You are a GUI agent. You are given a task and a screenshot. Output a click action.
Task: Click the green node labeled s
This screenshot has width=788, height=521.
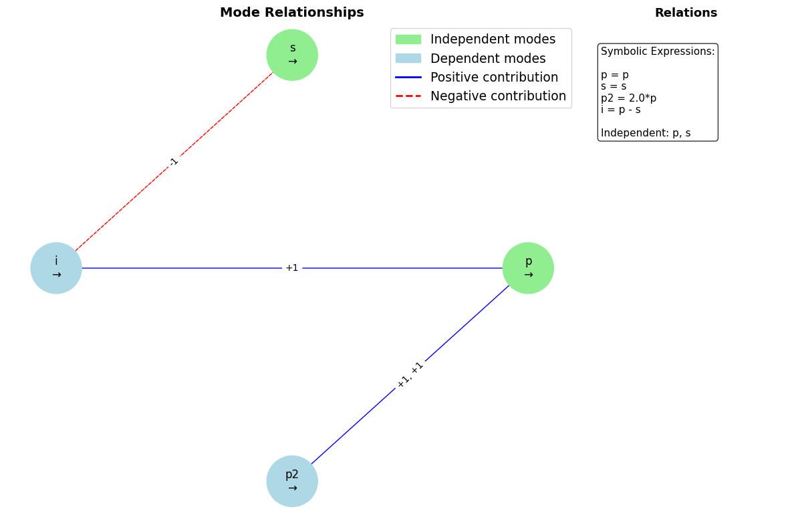[292, 55]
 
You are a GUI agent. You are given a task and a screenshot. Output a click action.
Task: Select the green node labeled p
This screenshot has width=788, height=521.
[528, 268]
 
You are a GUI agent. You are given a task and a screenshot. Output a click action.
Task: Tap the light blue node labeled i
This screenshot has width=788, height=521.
[56, 268]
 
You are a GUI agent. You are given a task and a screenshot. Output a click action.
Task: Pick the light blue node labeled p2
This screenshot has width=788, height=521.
[292, 481]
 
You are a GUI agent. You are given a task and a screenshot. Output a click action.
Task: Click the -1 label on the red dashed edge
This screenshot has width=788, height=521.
[174, 162]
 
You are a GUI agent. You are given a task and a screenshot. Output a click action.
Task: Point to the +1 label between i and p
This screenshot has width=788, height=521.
[292, 268]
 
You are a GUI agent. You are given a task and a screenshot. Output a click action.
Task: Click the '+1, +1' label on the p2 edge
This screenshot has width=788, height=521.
[410, 375]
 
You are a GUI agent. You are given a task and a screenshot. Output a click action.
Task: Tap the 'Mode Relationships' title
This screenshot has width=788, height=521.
[292, 13]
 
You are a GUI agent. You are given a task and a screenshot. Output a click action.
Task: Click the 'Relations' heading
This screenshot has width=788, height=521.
[686, 13]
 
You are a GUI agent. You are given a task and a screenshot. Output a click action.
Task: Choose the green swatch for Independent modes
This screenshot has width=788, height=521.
[408, 39]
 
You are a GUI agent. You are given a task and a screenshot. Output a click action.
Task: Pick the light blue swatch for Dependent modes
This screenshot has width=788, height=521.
[408, 58]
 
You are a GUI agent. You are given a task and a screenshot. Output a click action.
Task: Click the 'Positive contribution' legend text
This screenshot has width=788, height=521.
[494, 78]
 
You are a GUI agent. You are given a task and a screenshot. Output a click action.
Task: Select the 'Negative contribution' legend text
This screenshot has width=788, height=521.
[498, 96]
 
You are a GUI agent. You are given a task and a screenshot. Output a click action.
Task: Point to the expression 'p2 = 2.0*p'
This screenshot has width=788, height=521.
[628, 98]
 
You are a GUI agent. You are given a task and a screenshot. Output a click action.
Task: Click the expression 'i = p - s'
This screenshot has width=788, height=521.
[620, 110]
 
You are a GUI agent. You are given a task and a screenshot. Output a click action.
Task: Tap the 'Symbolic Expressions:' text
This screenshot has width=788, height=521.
[658, 51]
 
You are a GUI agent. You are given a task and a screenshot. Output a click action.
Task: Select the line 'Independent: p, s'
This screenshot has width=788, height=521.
[646, 133]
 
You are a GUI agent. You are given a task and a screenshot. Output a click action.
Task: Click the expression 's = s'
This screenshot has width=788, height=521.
[614, 86]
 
